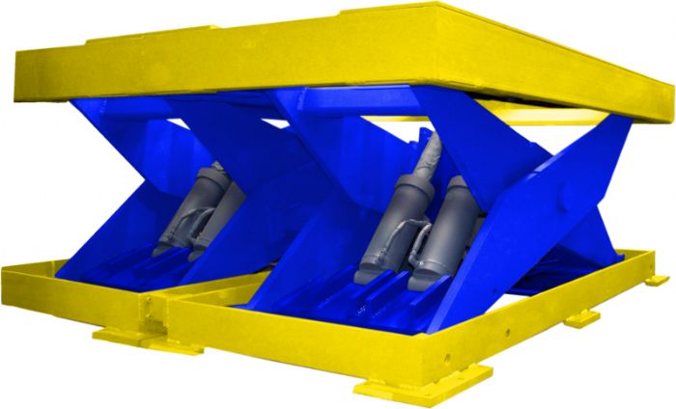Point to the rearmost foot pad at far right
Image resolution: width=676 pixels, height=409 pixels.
[657, 279]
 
